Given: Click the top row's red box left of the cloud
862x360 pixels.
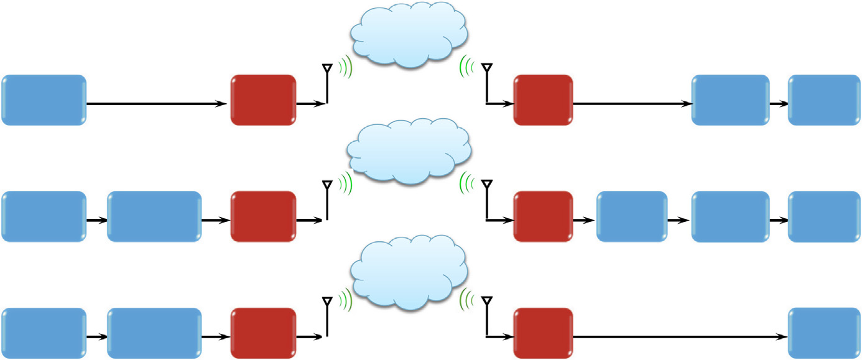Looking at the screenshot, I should (x=263, y=100).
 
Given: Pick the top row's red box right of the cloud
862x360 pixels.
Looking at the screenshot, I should (x=542, y=100).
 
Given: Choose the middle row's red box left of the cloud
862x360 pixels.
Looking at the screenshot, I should (x=263, y=216).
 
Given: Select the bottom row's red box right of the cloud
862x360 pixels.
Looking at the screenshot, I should (x=542, y=333).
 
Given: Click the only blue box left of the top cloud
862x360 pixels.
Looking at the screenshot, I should (x=44, y=100).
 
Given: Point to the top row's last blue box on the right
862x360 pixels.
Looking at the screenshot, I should (x=824, y=100).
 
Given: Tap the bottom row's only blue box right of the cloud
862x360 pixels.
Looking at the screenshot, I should (x=824, y=333).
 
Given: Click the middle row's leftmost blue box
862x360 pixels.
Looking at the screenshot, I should (x=44, y=216).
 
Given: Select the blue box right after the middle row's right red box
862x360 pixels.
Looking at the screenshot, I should (x=631, y=216).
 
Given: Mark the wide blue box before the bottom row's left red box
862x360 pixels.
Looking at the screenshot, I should (x=154, y=333).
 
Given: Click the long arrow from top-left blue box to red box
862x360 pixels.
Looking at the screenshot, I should (x=155, y=104).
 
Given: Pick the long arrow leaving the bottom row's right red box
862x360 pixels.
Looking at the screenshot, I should (x=678, y=337).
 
